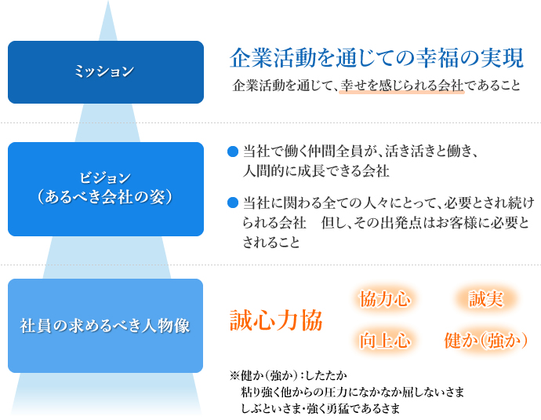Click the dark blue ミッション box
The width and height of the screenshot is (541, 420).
click(x=106, y=72)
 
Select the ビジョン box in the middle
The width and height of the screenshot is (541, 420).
click(x=106, y=189)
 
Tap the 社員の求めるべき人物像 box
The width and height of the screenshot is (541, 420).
click(x=105, y=326)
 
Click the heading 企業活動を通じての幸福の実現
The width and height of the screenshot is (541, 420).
click(x=377, y=57)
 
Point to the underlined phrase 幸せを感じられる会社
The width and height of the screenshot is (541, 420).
click(x=402, y=86)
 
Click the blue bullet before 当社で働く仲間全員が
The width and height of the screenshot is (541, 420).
click(x=233, y=152)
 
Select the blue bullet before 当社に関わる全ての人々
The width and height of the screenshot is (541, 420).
click(x=233, y=203)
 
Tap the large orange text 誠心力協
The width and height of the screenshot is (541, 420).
click(x=276, y=320)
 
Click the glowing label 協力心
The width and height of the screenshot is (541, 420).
click(x=385, y=299)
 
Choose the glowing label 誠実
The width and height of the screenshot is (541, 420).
click(x=486, y=299)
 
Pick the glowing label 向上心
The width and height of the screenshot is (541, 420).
click(x=385, y=341)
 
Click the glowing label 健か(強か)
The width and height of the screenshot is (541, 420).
click(x=486, y=341)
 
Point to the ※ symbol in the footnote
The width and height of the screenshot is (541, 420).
click(x=234, y=375)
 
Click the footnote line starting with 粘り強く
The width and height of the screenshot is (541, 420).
click(x=352, y=392)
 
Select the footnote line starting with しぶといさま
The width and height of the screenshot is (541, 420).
click(x=320, y=408)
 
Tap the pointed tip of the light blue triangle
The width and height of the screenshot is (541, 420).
click(x=108, y=1)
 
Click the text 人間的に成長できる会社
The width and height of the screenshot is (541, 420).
click(x=316, y=171)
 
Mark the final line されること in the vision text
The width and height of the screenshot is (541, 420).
click(x=271, y=242)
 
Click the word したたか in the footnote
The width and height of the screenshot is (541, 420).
click(x=326, y=375)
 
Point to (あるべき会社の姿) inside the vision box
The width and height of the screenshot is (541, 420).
click(x=105, y=197)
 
